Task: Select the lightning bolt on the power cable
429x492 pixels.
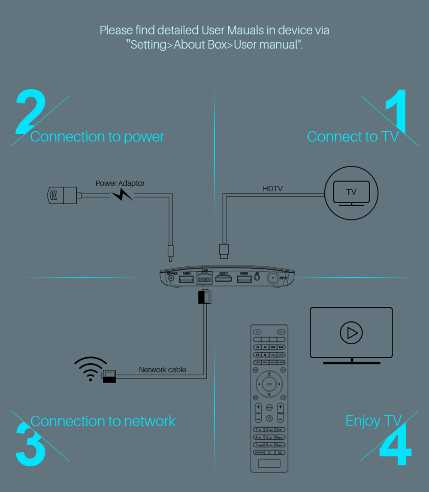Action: [x=122, y=196]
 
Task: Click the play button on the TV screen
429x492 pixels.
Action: [x=351, y=332]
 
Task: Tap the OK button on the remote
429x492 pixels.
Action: [x=269, y=383]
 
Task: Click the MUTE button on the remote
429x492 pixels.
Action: [x=281, y=332]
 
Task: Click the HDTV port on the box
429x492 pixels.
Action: [x=223, y=279]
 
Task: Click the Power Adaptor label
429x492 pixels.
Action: [x=120, y=183]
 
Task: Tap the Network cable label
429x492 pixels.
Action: [x=163, y=369]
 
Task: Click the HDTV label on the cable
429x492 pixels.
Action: [x=272, y=188]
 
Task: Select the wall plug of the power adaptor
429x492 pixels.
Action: [x=61, y=195]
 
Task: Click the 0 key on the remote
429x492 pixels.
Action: [x=269, y=452]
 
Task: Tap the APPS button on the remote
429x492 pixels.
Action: [x=269, y=407]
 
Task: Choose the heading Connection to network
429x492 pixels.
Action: [x=103, y=421]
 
